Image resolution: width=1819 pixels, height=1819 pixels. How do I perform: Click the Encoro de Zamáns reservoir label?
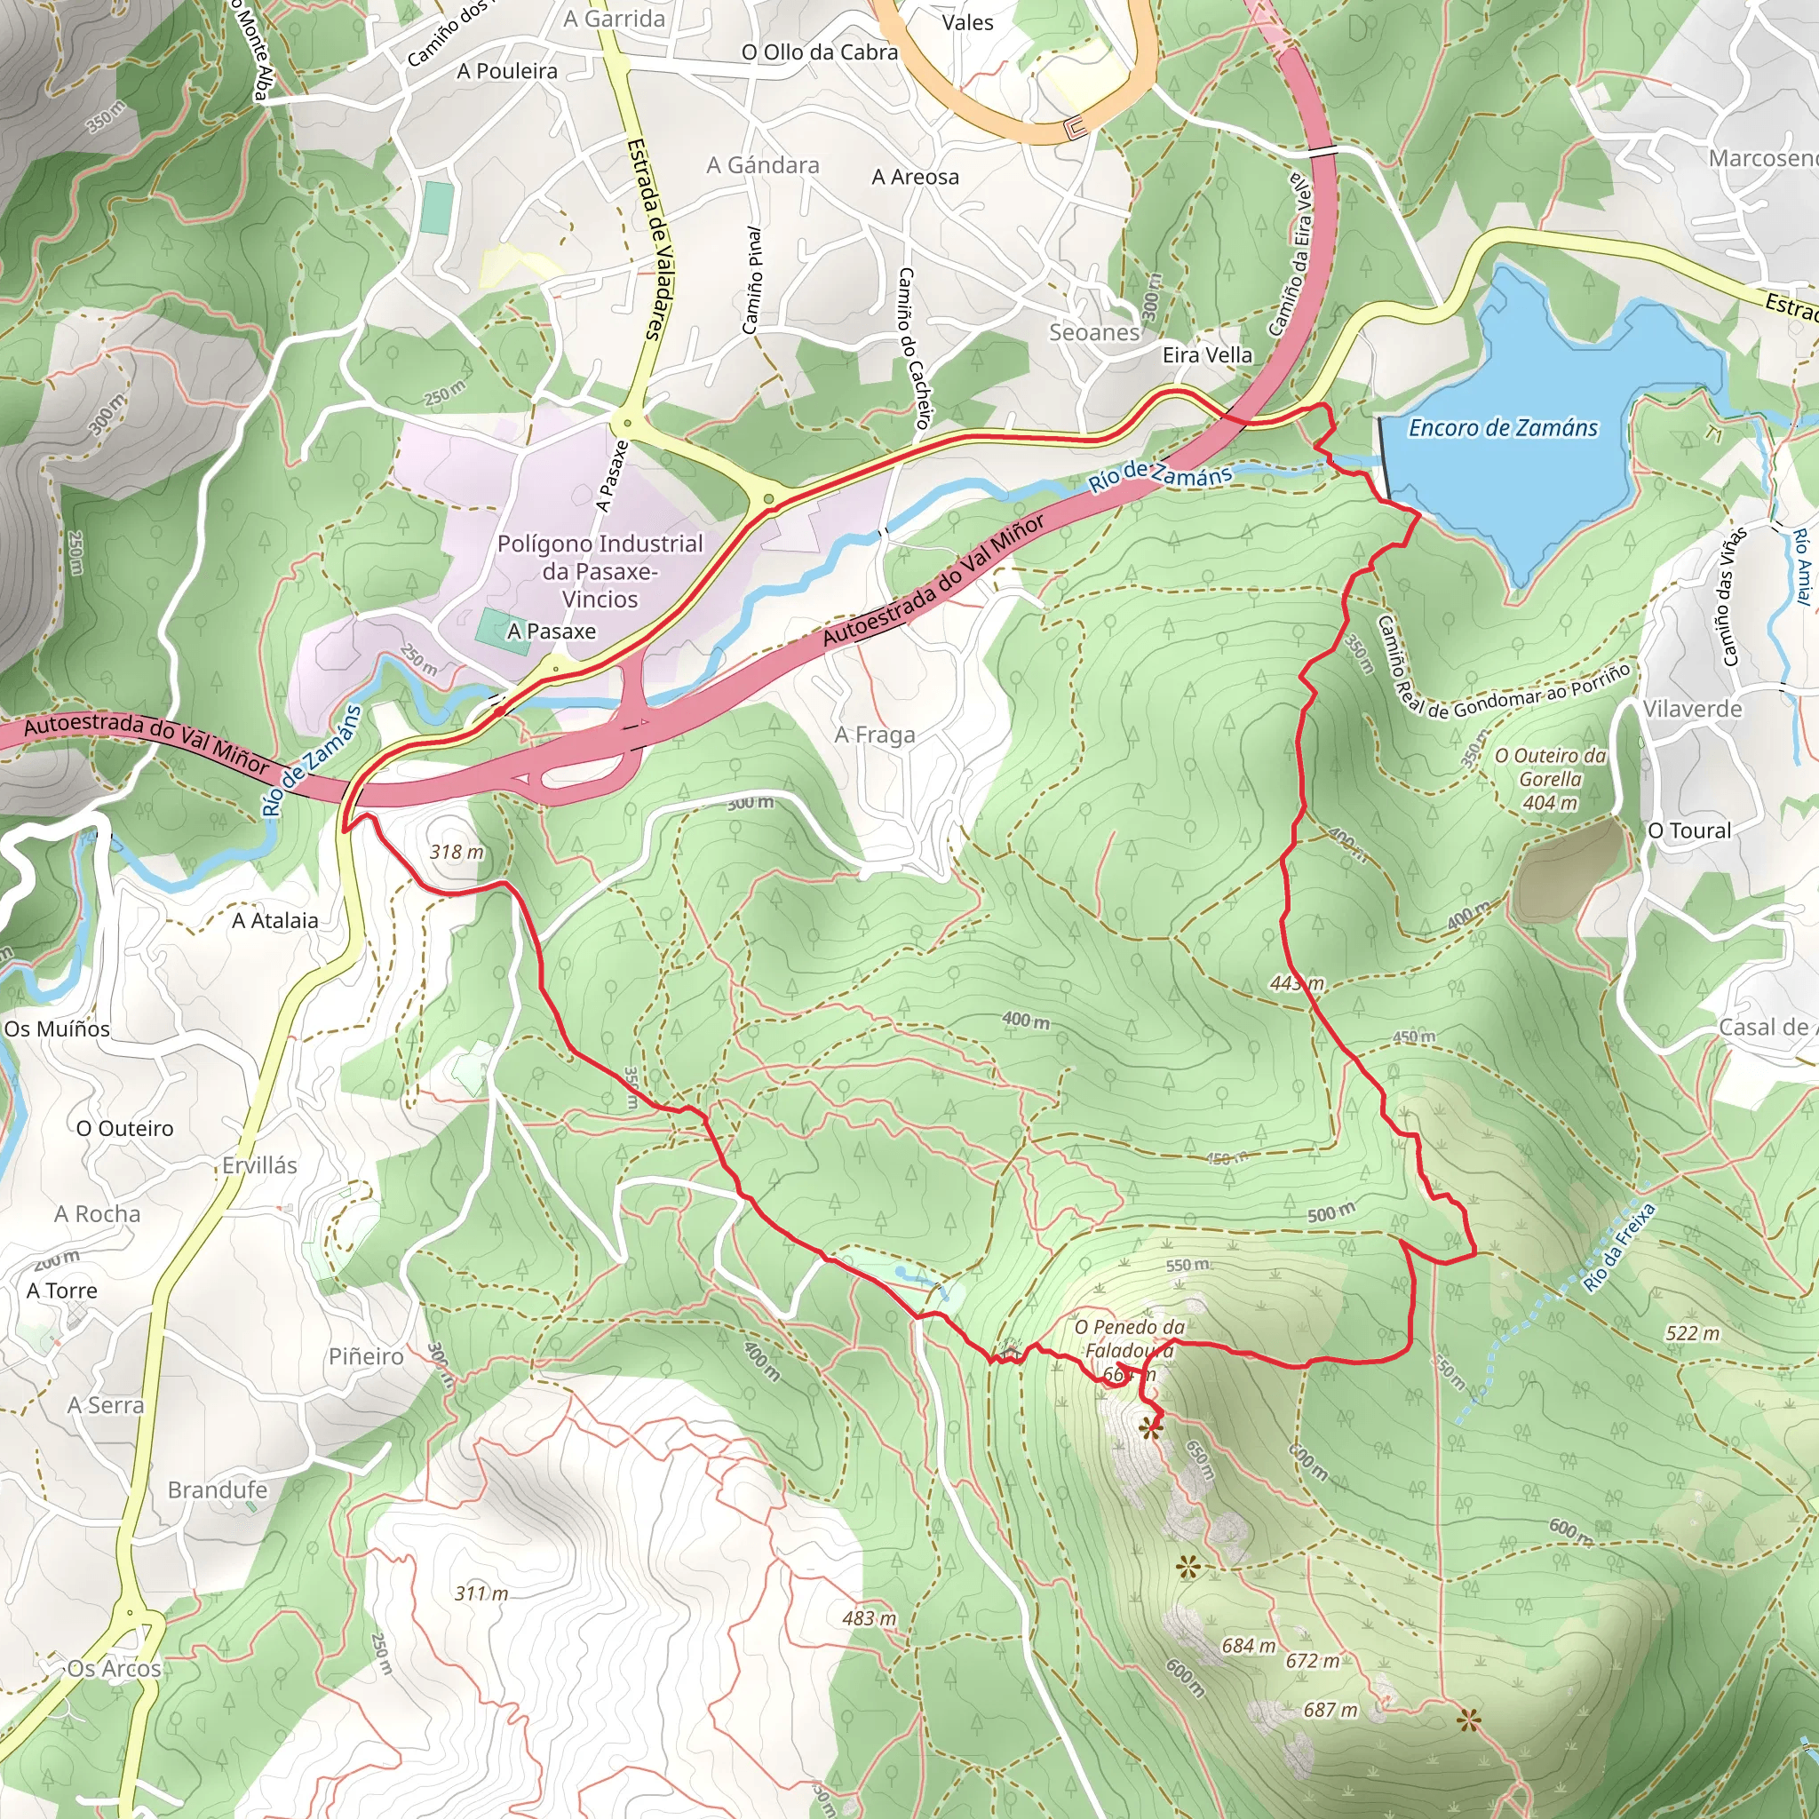coord(1503,428)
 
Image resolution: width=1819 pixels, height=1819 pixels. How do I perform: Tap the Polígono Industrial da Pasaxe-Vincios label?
coord(600,570)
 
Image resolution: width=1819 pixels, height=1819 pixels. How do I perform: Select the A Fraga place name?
coord(875,735)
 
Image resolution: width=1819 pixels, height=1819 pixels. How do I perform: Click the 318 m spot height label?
coord(457,852)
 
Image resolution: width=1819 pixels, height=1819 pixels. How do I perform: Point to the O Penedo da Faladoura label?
coord(1129,1338)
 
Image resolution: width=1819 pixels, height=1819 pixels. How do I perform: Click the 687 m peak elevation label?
coord(1330,1709)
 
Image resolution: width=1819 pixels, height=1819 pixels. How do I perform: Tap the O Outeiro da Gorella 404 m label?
coord(1550,779)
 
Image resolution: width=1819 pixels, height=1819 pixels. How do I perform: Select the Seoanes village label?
coord(1094,332)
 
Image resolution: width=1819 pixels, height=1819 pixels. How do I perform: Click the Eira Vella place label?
coord(1207,355)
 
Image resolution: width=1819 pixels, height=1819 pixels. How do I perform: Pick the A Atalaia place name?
coord(275,920)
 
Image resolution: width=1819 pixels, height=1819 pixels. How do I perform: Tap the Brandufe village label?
coord(218,1489)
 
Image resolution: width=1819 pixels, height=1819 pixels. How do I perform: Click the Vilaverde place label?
coord(1693,708)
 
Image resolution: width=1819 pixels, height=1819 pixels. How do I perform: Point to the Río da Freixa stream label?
coord(1618,1248)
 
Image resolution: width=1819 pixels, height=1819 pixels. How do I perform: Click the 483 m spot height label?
coord(869,1617)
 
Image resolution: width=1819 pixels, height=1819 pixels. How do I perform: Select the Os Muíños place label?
coord(58,1029)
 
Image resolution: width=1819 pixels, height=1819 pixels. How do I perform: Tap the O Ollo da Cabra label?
coord(819,52)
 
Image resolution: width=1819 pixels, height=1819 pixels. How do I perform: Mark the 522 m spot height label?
coord(1692,1332)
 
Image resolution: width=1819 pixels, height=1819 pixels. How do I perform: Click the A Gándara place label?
coord(763,166)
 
